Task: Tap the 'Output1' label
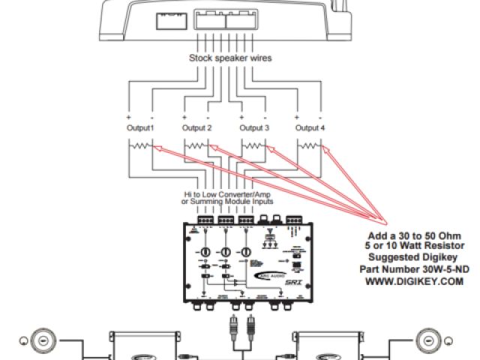point(140,128)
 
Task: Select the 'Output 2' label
point(197,128)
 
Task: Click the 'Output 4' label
point(311,128)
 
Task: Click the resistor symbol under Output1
point(140,147)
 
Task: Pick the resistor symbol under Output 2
point(197,147)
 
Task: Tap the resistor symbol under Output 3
point(254,147)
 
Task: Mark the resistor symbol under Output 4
point(311,147)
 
